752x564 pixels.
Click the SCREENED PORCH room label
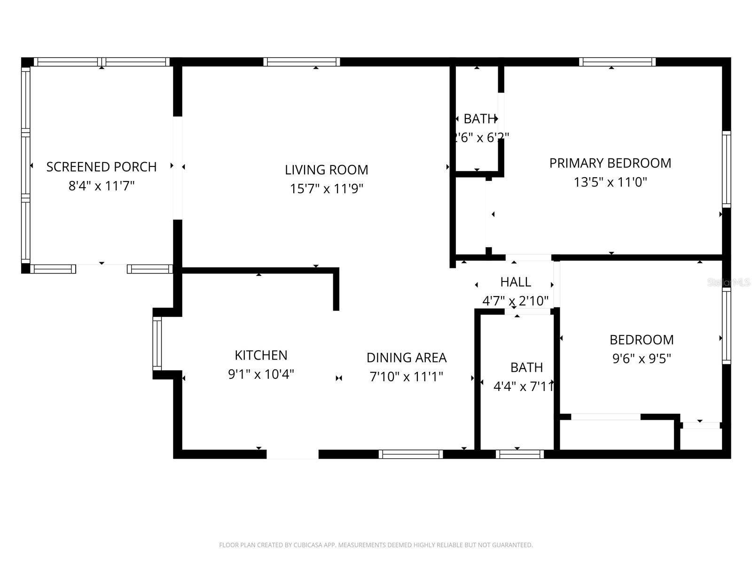tap(102, 167)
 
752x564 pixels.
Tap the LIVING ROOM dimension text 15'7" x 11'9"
tap(327, 189)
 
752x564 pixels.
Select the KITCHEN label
tap(261, 355)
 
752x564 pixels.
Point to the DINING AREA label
tap(407, 358)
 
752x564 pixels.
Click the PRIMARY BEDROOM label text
tap(610, 163)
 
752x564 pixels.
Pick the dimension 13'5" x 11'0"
tap(610, 182)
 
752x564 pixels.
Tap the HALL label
tap(516, 282)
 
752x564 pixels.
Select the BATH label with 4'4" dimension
tap(526, 367)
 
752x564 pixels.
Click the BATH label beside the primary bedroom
tap(480, 119)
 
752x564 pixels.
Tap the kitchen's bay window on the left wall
tap(157, 344)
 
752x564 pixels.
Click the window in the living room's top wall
tap(301, 62)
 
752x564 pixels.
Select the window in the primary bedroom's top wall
tap(617, 62)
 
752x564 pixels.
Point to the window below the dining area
tap(411, 454)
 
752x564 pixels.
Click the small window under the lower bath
tap(519, 454)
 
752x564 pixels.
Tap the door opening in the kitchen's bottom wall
tap(292, 454)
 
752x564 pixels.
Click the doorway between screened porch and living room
tap(178, 168)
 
